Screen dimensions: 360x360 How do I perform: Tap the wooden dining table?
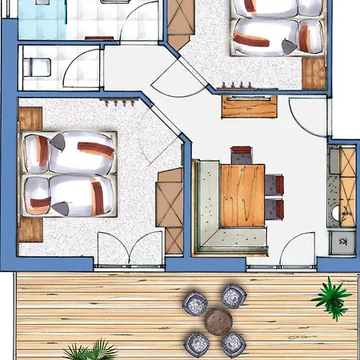click(242, 194)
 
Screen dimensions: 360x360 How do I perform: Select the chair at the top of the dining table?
click(242, 154)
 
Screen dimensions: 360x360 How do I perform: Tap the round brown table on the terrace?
click(217, 322)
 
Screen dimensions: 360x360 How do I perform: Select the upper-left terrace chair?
click(196, 302)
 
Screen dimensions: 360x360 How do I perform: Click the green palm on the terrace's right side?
click(330, 296)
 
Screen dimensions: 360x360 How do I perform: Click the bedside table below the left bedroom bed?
click(30, 230)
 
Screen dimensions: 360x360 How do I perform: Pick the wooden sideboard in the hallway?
click(248, 106)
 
